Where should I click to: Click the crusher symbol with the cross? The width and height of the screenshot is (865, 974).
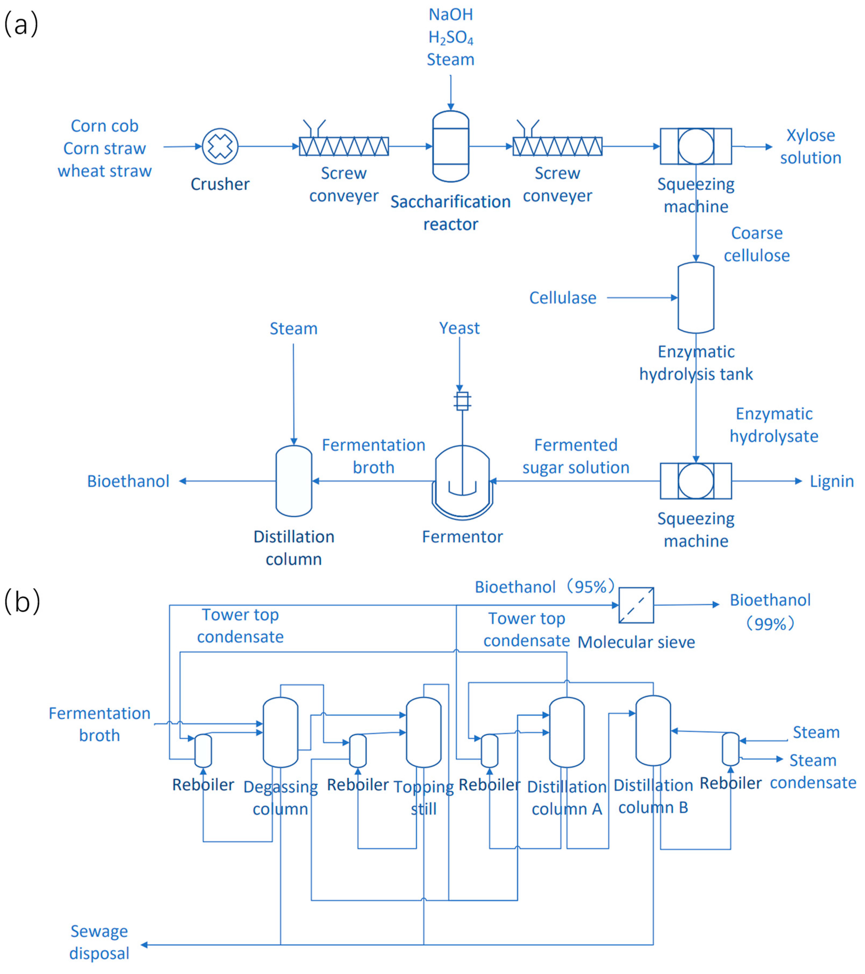[220, 146]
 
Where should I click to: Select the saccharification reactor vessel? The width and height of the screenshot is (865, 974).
[451, 146]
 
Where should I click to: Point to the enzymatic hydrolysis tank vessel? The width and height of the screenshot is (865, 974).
[696, 297]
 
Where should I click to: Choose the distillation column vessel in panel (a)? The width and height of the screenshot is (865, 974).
[294, 481]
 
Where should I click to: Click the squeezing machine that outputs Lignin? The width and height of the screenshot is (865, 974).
[696, 481]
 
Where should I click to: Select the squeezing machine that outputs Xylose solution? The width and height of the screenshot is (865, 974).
[696, 146]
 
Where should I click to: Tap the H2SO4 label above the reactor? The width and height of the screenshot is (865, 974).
[451, 38]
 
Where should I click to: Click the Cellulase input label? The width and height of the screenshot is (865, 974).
[563, 298]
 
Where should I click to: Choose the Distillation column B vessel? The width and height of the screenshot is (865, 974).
[653, 731]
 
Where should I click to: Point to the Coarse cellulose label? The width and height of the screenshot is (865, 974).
[757, 244]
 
